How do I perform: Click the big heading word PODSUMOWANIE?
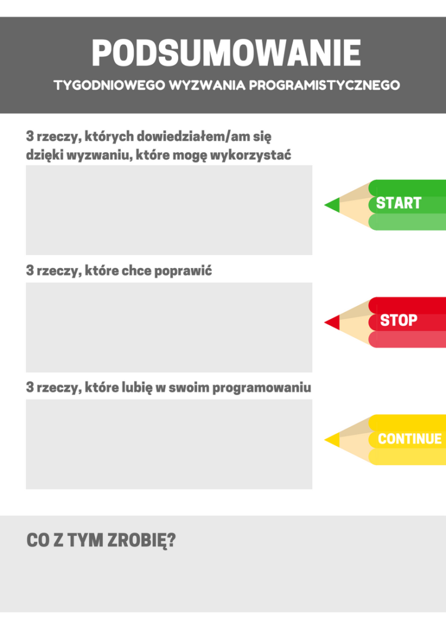click(x=227, y=53)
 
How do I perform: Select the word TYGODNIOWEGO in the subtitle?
click(x=110, y=85)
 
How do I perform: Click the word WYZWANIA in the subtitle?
click(x=207, y=85)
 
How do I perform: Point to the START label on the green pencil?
click(x=399, y=203)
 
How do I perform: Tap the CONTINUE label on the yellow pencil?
click(x=410, y=439)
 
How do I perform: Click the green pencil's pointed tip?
click(x=325, y=205)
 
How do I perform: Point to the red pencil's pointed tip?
click(x=325, y=322)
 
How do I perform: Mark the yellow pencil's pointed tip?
click(x=325, y=440)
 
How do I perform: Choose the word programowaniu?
click(x=262, y=388)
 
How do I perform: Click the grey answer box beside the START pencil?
click(x=169, y=210)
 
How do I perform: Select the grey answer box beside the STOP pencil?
click(x=169, y=327)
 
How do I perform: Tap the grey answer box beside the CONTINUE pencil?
click(x=169, y=444)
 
